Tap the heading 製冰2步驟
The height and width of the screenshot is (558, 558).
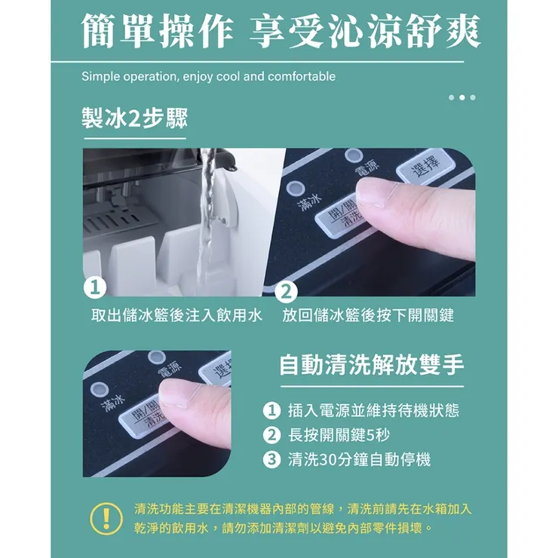tap(134, 119)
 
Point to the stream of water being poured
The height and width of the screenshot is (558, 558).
tap(205, 219)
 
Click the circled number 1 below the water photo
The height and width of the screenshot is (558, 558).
tap(94, 287)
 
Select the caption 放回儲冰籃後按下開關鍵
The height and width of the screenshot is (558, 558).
tap(368, 315)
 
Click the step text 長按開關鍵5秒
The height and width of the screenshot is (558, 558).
tap(339, 435)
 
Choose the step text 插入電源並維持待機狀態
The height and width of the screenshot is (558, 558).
tap(373, 411)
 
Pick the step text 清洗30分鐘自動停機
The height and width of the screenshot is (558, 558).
tap(359, 459)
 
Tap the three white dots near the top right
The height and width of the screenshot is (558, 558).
tap(461, 97)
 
